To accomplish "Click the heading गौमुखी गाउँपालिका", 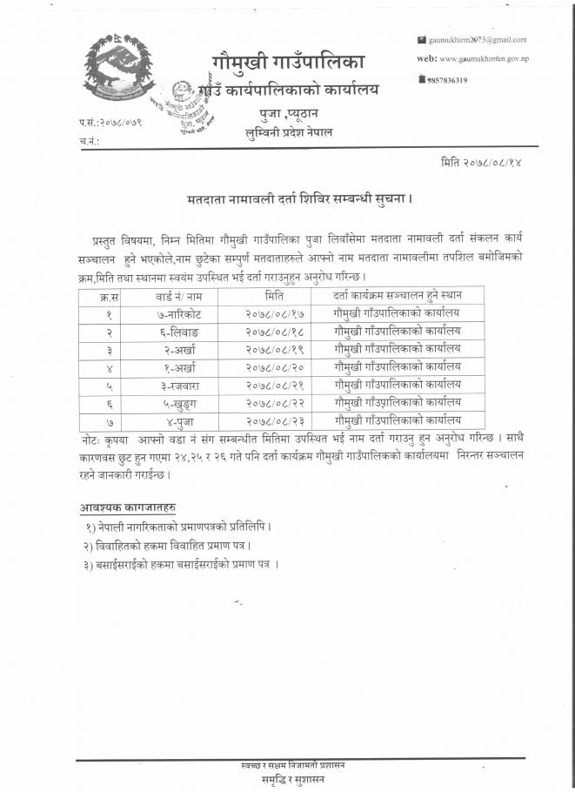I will tap(289, 62).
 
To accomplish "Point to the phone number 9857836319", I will tap(448, 80).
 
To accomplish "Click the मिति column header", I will tap(274, 296).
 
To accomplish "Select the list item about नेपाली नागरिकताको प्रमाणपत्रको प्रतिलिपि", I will tap(183, 527).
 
